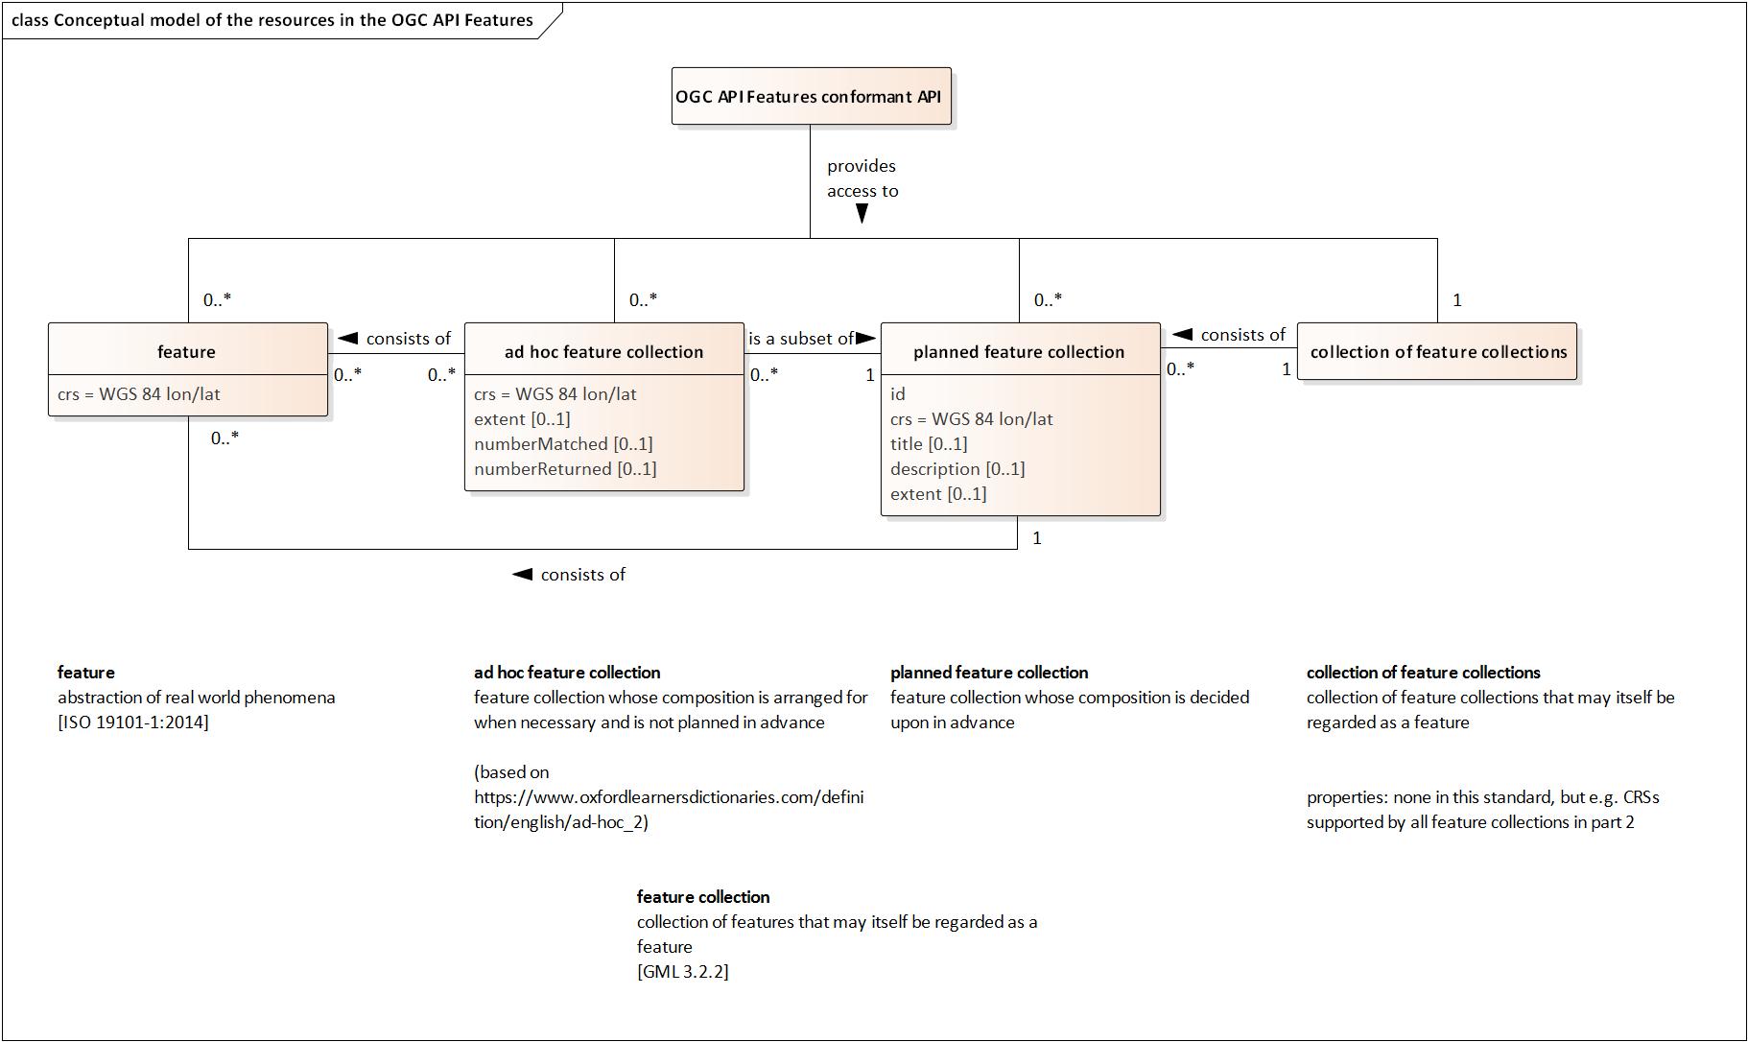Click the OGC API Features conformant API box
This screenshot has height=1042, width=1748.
pyautogui.click(x=811, y=96)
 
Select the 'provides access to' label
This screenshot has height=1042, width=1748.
pyautogui.click(x=862, y=178)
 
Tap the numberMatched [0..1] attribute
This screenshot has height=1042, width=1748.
pyautogui.click(x=563, y=444)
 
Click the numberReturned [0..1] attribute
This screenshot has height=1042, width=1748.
pyautogui.click(x=565, y=469)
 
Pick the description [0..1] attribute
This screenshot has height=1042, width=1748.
pyautogui.click(x=957, y=469)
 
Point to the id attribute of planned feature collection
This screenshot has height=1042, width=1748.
pyautogui.click(x=898, y=394)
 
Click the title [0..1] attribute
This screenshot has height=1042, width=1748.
pyautogui.click(x=928, y=444)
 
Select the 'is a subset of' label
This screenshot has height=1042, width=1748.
pyautogui.click(x=800, y=339)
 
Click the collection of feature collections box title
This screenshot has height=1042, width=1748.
pyautogui.click(x=1437, y=352)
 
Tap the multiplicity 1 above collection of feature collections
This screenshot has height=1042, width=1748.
pyautogui.click(x=1457, y=300)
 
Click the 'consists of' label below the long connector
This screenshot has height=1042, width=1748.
pyautogui.click(x=581, y=575)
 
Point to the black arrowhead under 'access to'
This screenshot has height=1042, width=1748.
pyautogui.click(x=862, y=214)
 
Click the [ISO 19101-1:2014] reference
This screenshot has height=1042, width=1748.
pyautogui.click(x=132, y=722)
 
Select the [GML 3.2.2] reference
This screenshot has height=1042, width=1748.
pyautogui.click(x=682, y=972)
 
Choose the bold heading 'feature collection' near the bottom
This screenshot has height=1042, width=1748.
pyautogui.click(x=702, y=897)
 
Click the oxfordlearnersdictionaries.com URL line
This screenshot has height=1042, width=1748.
pyautogui.click(x=668, y=797)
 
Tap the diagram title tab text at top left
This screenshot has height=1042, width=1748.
pyautogui.click(x=272, y=20)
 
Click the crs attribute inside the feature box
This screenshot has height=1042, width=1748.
pyautogui.click(x=138, y=394)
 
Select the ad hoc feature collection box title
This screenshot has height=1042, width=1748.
pyautogui.click(x=603, y=352)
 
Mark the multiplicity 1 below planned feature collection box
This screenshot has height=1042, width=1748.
pyautogui.click(x=1036, y=538)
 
